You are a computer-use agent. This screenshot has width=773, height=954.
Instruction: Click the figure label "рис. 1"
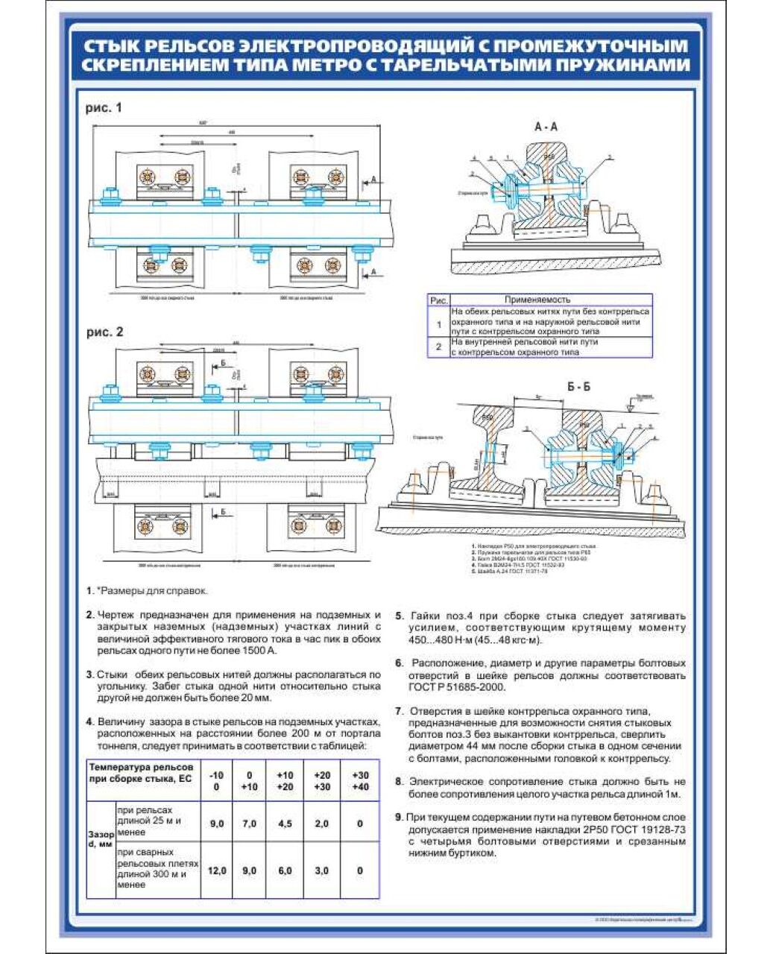(104, 108)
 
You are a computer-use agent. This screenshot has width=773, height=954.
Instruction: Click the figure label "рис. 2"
(105, 332)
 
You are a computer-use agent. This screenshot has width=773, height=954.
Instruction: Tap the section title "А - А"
(546, 127)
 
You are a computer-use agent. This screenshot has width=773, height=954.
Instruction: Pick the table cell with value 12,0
(217, 871)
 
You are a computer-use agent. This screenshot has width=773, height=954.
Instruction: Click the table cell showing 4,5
(285, 824)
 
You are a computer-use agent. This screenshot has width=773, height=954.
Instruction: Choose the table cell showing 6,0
(285, 871)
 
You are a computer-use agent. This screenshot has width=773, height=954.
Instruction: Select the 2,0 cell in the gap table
(322, 824)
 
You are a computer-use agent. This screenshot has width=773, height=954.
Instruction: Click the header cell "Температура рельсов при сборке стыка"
(141, 773)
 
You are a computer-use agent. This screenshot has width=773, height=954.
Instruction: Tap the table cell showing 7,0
(250, 824)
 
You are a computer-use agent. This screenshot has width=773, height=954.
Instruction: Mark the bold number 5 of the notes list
(399, 616)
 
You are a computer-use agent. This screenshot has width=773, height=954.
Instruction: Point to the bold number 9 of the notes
(399, 817)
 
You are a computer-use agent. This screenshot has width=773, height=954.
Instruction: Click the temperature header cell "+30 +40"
(360, 780)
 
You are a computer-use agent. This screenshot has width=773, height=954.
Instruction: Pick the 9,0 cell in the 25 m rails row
(217, 824)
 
